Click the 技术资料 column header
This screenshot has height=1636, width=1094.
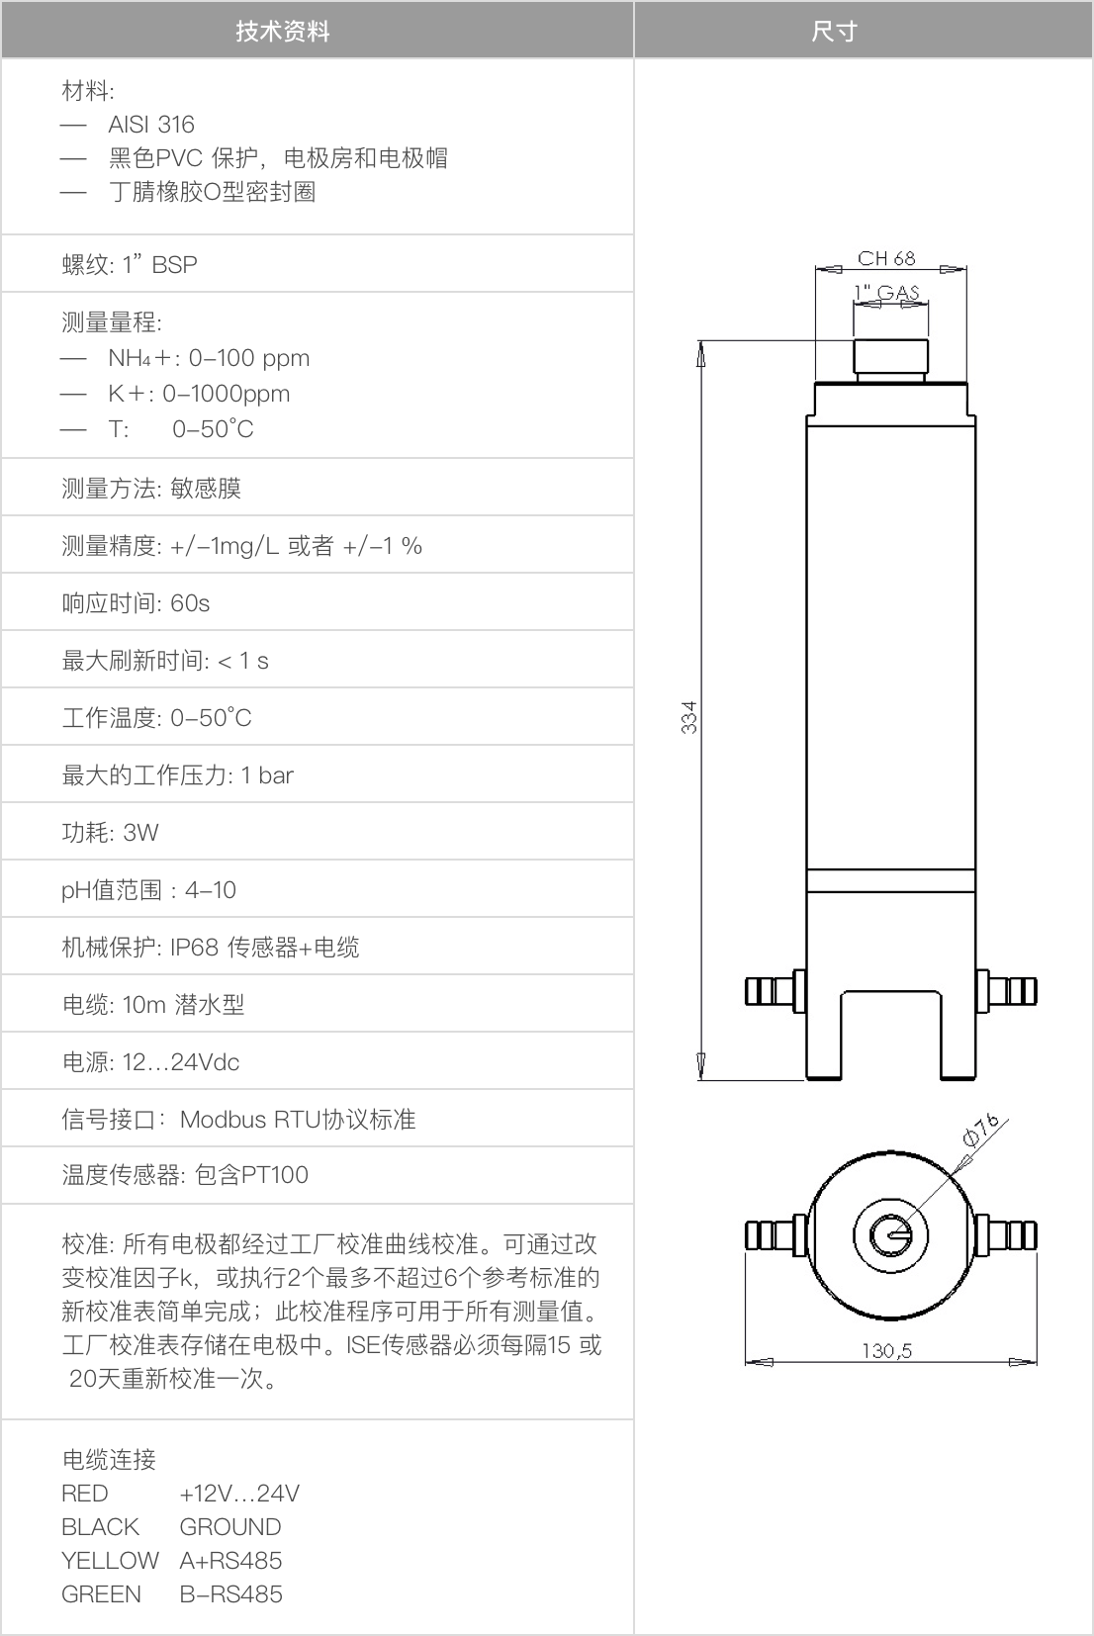[283, 32]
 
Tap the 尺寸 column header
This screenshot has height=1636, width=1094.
[834, 32]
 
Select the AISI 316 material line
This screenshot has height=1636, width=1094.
[151, 125]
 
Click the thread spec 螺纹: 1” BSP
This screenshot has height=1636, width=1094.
[130, 264]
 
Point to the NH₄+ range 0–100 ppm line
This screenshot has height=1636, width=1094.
[209, 358]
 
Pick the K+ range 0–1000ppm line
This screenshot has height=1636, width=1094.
[199, 394]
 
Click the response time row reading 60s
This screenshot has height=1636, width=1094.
[136, 603]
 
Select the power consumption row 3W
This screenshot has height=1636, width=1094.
[110, 833]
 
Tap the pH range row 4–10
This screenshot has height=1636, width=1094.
[149, 889]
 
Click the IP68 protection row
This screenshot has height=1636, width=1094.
[211, 948]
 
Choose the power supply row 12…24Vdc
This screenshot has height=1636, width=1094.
[150, 1062]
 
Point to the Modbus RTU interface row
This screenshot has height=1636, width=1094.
[238, 1119]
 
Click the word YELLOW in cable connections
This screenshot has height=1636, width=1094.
[110, 1561]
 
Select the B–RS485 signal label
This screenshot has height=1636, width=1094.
[230, 1594]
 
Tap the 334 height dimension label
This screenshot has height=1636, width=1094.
[688, 717]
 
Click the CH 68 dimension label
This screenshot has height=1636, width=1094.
[886, 258]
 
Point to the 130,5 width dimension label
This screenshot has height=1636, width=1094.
[886, 1350]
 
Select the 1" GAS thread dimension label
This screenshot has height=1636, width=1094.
[886, 292]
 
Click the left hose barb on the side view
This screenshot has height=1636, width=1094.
[775, 991]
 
